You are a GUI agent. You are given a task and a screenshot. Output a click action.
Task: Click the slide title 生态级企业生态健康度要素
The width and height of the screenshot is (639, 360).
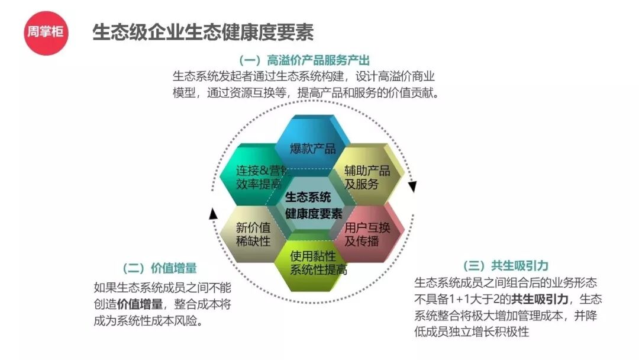[x=202, y=32]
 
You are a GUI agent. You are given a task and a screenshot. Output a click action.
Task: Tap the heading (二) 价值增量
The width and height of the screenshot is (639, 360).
[x=159, y=268]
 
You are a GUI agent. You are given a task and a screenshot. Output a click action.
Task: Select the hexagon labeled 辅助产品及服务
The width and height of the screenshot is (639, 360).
[x=370, y=175]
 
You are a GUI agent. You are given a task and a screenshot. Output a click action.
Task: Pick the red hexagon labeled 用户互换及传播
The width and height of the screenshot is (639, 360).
[x=368, y=234]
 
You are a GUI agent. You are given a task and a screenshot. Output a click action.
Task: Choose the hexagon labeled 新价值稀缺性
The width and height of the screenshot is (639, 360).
[x=250, y=234]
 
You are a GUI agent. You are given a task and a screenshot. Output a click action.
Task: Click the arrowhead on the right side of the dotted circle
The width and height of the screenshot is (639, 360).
[x=412, y=187]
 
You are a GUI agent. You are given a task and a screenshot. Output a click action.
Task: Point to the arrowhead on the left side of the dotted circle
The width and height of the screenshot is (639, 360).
[x=214, y=213]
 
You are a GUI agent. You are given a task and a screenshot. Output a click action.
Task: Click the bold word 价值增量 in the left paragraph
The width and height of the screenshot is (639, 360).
[x=140, y=304]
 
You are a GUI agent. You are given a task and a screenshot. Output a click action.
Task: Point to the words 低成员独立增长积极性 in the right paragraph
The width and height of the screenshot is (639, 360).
[x=472, y=332]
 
